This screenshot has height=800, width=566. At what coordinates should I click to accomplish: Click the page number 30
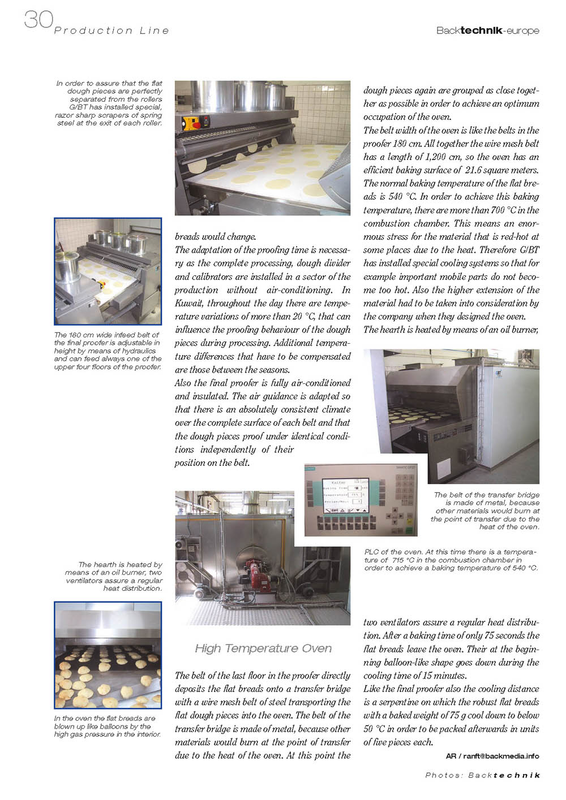coord(38,20)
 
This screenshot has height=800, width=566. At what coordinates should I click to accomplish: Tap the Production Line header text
coord(112,31)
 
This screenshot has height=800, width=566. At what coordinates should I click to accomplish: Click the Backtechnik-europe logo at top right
coord(487,31)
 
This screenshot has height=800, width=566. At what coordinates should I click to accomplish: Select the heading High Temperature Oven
coord(263,648)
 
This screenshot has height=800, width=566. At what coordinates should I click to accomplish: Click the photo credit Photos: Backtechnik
coord(482,775)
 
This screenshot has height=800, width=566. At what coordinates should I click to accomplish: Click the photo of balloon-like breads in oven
coord(108,655)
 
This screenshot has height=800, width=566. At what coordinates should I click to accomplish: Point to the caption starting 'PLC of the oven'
coord(451,560)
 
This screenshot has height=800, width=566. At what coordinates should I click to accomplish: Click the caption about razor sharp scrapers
coord(109,103)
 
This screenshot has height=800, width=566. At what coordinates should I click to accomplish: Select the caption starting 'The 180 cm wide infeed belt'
coord(108,351)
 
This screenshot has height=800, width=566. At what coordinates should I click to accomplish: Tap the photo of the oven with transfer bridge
coord(451,416)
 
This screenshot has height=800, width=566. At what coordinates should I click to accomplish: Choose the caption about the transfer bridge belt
coord(486,511)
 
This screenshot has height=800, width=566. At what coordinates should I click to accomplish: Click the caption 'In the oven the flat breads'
coord(107,727)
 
